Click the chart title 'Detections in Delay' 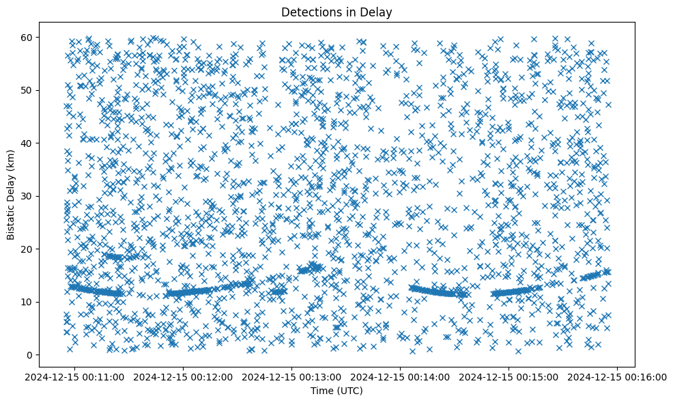pos(336,12)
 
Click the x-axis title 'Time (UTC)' pos(336,391)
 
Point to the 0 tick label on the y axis pos(49,355)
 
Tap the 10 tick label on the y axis pos(46,302)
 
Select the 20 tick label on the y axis pos(46,249)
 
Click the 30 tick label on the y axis pos(46,196)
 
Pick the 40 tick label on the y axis pos(46,143)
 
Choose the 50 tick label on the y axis pos(46,90)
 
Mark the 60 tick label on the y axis pos(46,37)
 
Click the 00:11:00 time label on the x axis pos(76,376)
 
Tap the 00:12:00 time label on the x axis pos(184,376)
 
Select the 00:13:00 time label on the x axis pos(293,376)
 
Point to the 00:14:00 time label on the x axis pos(401,376)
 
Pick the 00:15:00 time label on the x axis pos(510,376)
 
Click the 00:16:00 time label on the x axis pos(618,376)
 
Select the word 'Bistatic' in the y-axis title pos(11,219)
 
